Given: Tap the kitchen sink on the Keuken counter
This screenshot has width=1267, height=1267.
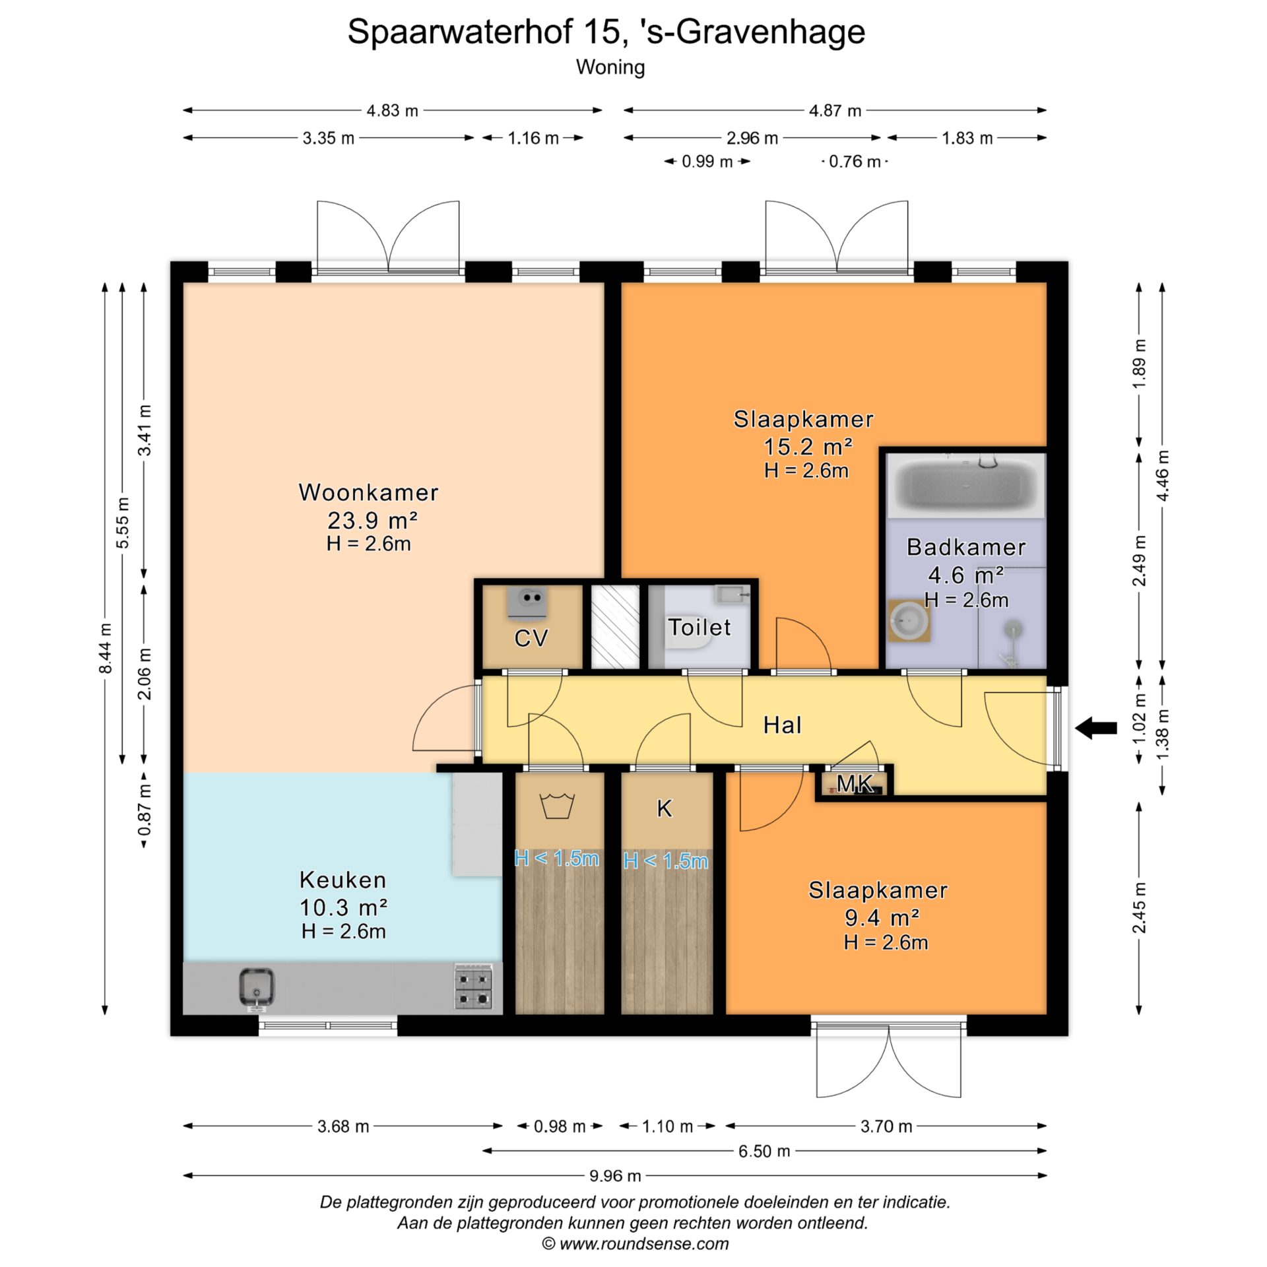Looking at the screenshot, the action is pyautogui.click(x=256, y=988).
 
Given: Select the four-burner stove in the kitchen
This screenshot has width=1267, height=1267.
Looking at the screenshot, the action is pyautogui.click(x=473, y=987).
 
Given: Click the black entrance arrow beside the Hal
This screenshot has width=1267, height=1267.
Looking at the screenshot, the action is pyautogui.click(x=1096, y=728).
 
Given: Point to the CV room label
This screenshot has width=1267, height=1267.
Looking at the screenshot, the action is pyautogui.click(x=531, y=638).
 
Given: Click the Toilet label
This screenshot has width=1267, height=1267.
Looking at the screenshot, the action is pyautogui.click(x=699, y=627).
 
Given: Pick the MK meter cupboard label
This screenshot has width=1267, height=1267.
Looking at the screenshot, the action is pyautogui.click(x=855, y=783).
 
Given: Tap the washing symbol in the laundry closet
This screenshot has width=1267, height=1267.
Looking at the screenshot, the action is pyautogui.click(x=557, y=806).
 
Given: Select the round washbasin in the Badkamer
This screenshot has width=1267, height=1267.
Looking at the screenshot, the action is pyautogui.click(x=909, y=620).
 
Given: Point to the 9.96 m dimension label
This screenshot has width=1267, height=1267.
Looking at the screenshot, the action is pyautogui.click(x=615, y=1175).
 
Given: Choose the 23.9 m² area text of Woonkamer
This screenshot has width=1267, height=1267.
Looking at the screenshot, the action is pyautogui.click(x=372, y=521).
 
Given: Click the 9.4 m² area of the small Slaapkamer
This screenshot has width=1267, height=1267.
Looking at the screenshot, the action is pyautogui.click(x=882, y=917).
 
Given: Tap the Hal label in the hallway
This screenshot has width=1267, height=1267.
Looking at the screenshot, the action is pyautogui.click(x=782, y=725).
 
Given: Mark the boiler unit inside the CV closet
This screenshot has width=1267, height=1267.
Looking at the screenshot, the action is pyautogui.click(x=527, y=603).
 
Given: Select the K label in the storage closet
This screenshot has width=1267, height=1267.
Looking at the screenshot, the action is pyautogui.click(x=665, y=808).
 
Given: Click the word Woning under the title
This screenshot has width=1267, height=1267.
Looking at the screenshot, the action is pyautogui.click(x=610, y=67).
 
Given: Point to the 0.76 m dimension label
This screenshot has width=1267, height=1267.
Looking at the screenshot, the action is pyautogui.click(x=855, y=162).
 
